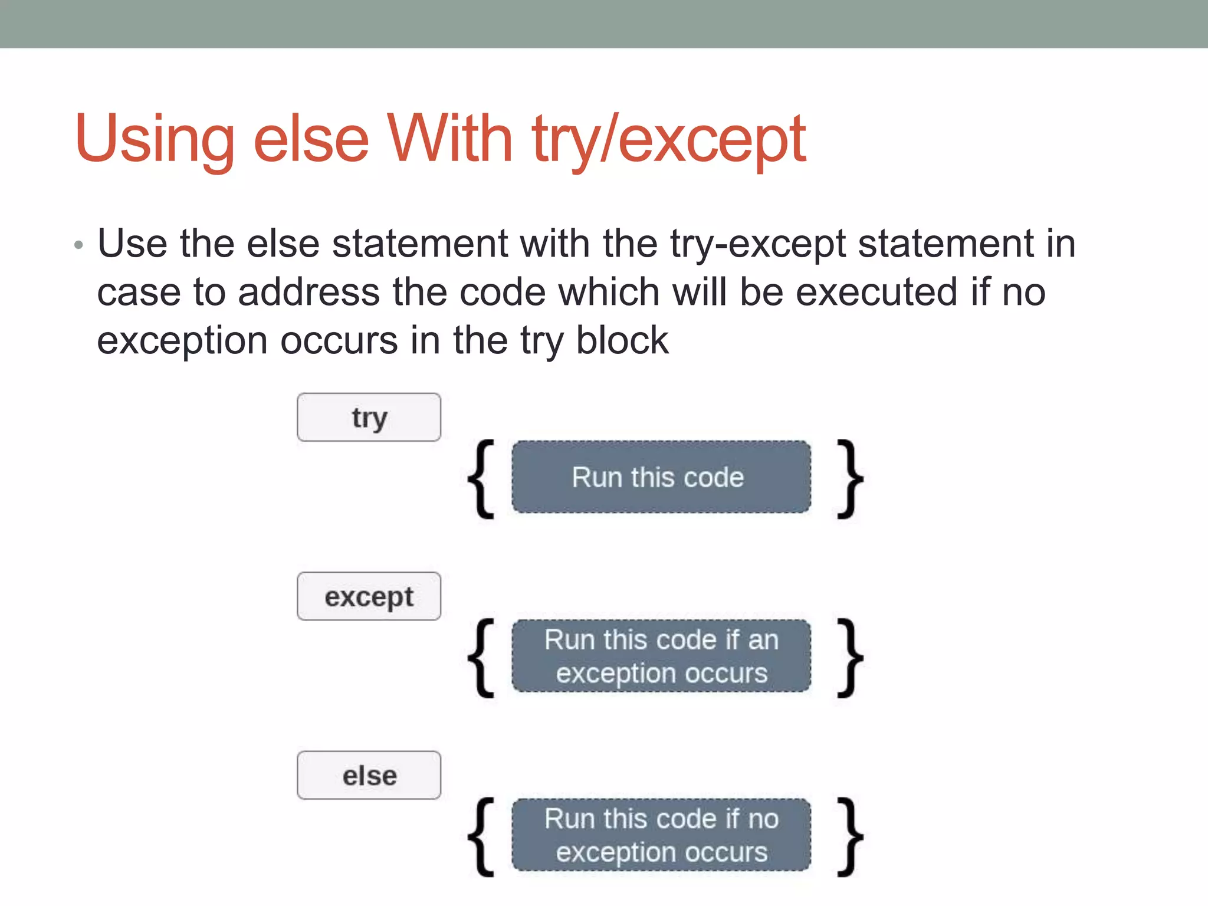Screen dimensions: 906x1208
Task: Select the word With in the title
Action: click(449, 139)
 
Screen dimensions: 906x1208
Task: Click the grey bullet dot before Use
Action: click(79, 245)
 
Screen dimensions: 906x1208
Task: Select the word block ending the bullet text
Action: click(622, 340)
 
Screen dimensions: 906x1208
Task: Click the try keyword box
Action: click(369, 418)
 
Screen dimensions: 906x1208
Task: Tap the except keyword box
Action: click(369, 596)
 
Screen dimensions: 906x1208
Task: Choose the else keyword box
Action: click(369, 775)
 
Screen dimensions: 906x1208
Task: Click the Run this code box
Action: click(661, 477)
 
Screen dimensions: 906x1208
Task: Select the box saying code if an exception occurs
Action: click(661, 656)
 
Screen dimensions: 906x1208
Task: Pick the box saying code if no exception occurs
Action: click(661, 835)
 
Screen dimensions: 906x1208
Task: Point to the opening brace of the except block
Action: click(482, 658)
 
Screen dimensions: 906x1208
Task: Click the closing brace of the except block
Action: click(850, 658)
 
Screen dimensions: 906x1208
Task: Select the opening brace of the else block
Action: click(482, 836)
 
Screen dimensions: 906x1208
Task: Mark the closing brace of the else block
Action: click(850, 836)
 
